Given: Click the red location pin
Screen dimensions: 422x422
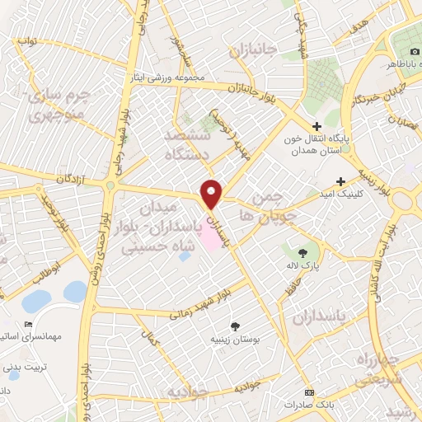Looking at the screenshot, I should point(212,194).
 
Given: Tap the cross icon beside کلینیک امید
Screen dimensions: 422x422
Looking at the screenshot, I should point(340,181).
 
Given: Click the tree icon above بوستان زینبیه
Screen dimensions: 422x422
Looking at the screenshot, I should point(235,326).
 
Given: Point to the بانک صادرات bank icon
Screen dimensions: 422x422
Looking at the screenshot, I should point(309,392).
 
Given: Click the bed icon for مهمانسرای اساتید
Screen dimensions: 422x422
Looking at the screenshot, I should point(29,324).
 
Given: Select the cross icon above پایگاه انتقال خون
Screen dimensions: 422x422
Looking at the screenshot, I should point(316,126).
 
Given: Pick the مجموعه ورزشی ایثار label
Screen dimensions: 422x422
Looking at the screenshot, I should point(165,77).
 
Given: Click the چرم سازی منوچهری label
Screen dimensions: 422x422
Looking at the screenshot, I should point(58,105).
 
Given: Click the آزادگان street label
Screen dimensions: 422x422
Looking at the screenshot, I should point(72,179).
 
